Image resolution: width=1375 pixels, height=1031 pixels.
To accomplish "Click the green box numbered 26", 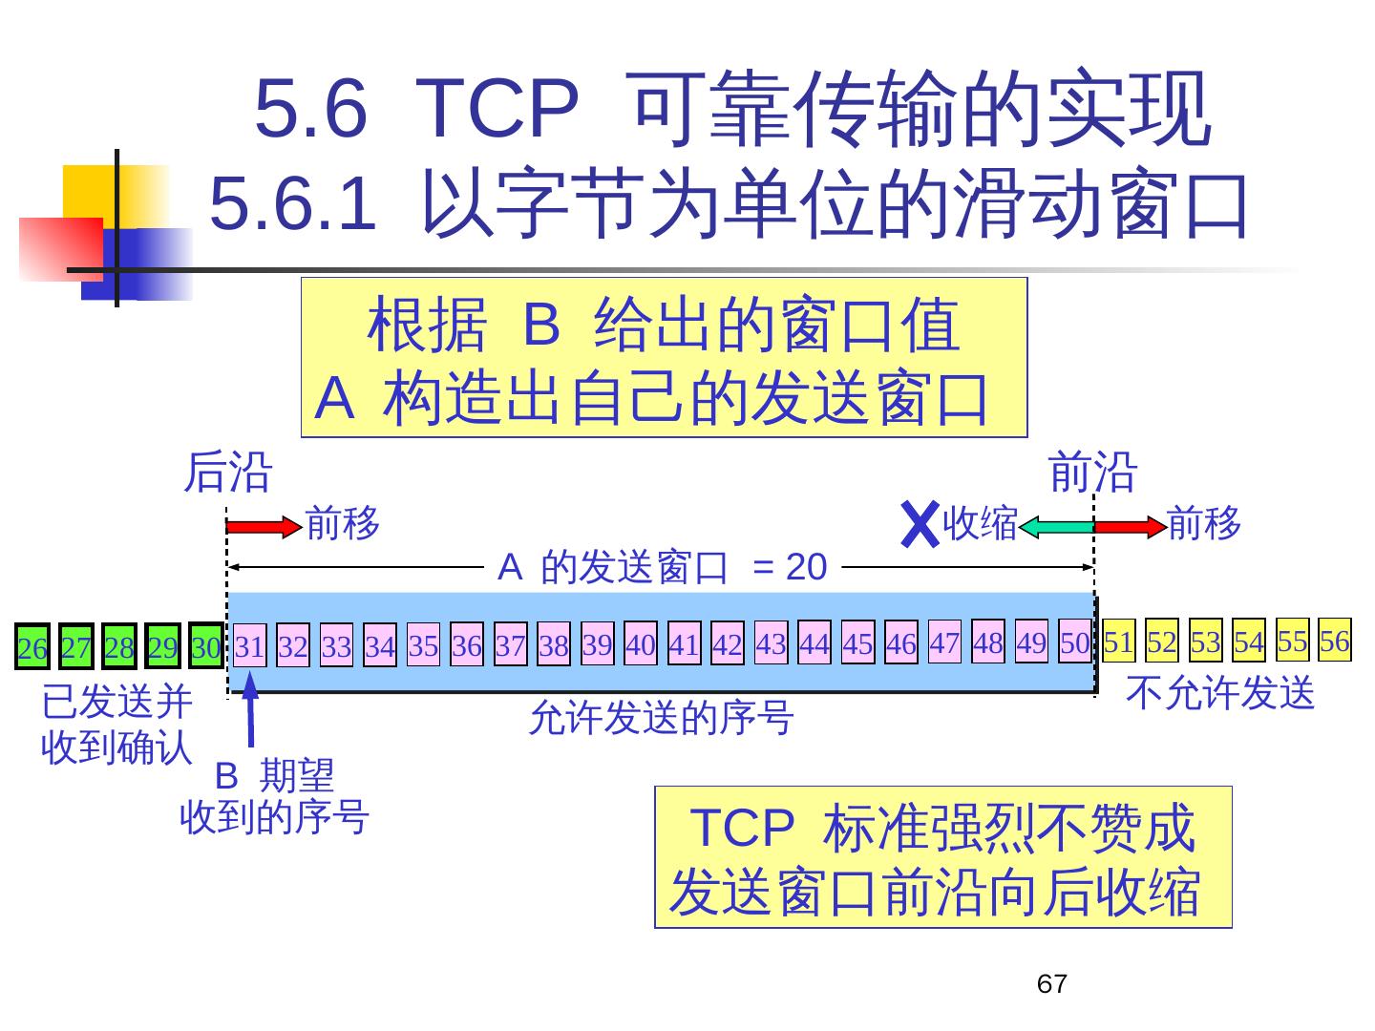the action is (x=32, y=647).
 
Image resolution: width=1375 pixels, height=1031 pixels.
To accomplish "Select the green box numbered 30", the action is (x=205, y=646).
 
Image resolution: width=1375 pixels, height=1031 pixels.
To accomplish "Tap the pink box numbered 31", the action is (x=249, y=646).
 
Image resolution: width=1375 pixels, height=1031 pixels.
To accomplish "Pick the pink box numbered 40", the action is (x=640, y=644).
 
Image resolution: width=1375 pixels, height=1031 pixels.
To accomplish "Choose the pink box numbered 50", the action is (x=1074, y=642).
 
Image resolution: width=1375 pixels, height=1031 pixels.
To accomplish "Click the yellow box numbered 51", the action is (x=1118, y=642).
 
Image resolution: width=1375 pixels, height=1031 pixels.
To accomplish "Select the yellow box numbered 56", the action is (x=1335, y=640).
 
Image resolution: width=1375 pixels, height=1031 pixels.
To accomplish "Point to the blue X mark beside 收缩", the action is (x=920, y=525).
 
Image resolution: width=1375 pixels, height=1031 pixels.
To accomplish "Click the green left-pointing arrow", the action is (x=1055, y=526).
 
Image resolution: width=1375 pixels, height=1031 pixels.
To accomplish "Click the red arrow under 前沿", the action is (x=1131, y=526).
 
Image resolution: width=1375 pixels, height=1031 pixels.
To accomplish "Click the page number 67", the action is (x=1051, y=984).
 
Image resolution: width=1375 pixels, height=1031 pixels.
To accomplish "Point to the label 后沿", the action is (x=227, y=473).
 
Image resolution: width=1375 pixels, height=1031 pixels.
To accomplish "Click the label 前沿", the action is (x=1093, y=473).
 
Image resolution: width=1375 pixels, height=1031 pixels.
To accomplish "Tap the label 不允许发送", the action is (x=1220, y=693).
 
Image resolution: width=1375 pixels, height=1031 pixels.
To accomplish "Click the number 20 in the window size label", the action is (x=806, y=567).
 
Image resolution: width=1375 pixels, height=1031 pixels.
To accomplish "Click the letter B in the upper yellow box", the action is (x=541, y=325).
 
